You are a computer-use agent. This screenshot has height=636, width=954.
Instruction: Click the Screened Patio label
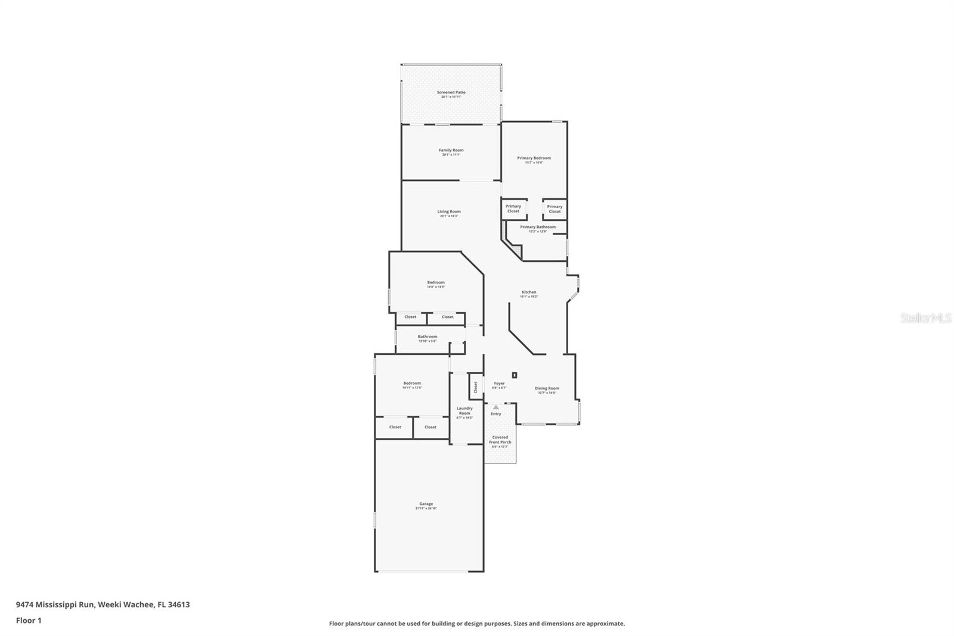click(451, 93)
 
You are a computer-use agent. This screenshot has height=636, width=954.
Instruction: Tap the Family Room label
click(451, 151)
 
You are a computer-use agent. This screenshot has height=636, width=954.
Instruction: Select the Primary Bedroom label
click(534, 159)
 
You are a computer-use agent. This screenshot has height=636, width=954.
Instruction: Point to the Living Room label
click(449, 212)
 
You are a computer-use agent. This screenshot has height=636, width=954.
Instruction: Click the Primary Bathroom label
click(537, 227)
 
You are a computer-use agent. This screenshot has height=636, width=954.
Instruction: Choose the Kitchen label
click(529, 292)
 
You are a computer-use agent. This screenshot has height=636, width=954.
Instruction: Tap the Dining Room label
click(547, 389)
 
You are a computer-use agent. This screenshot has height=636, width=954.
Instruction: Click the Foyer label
click(499, 384)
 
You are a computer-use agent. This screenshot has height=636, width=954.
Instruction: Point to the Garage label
click(426, 504)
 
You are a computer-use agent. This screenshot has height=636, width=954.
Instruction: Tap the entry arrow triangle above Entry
click(495, 407)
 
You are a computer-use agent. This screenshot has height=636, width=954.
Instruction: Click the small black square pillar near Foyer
click(515, 375)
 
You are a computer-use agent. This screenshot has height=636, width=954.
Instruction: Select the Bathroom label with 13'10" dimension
click(427, 337)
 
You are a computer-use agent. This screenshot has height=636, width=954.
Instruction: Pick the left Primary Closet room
click(513, 209)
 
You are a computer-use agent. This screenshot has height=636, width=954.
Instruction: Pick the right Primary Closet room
click(555, 209)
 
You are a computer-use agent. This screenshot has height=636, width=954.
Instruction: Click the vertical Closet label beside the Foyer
click(476, 387)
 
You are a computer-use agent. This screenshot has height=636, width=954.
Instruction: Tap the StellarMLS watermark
click(925, 318)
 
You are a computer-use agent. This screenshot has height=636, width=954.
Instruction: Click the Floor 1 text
click(29, 620)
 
